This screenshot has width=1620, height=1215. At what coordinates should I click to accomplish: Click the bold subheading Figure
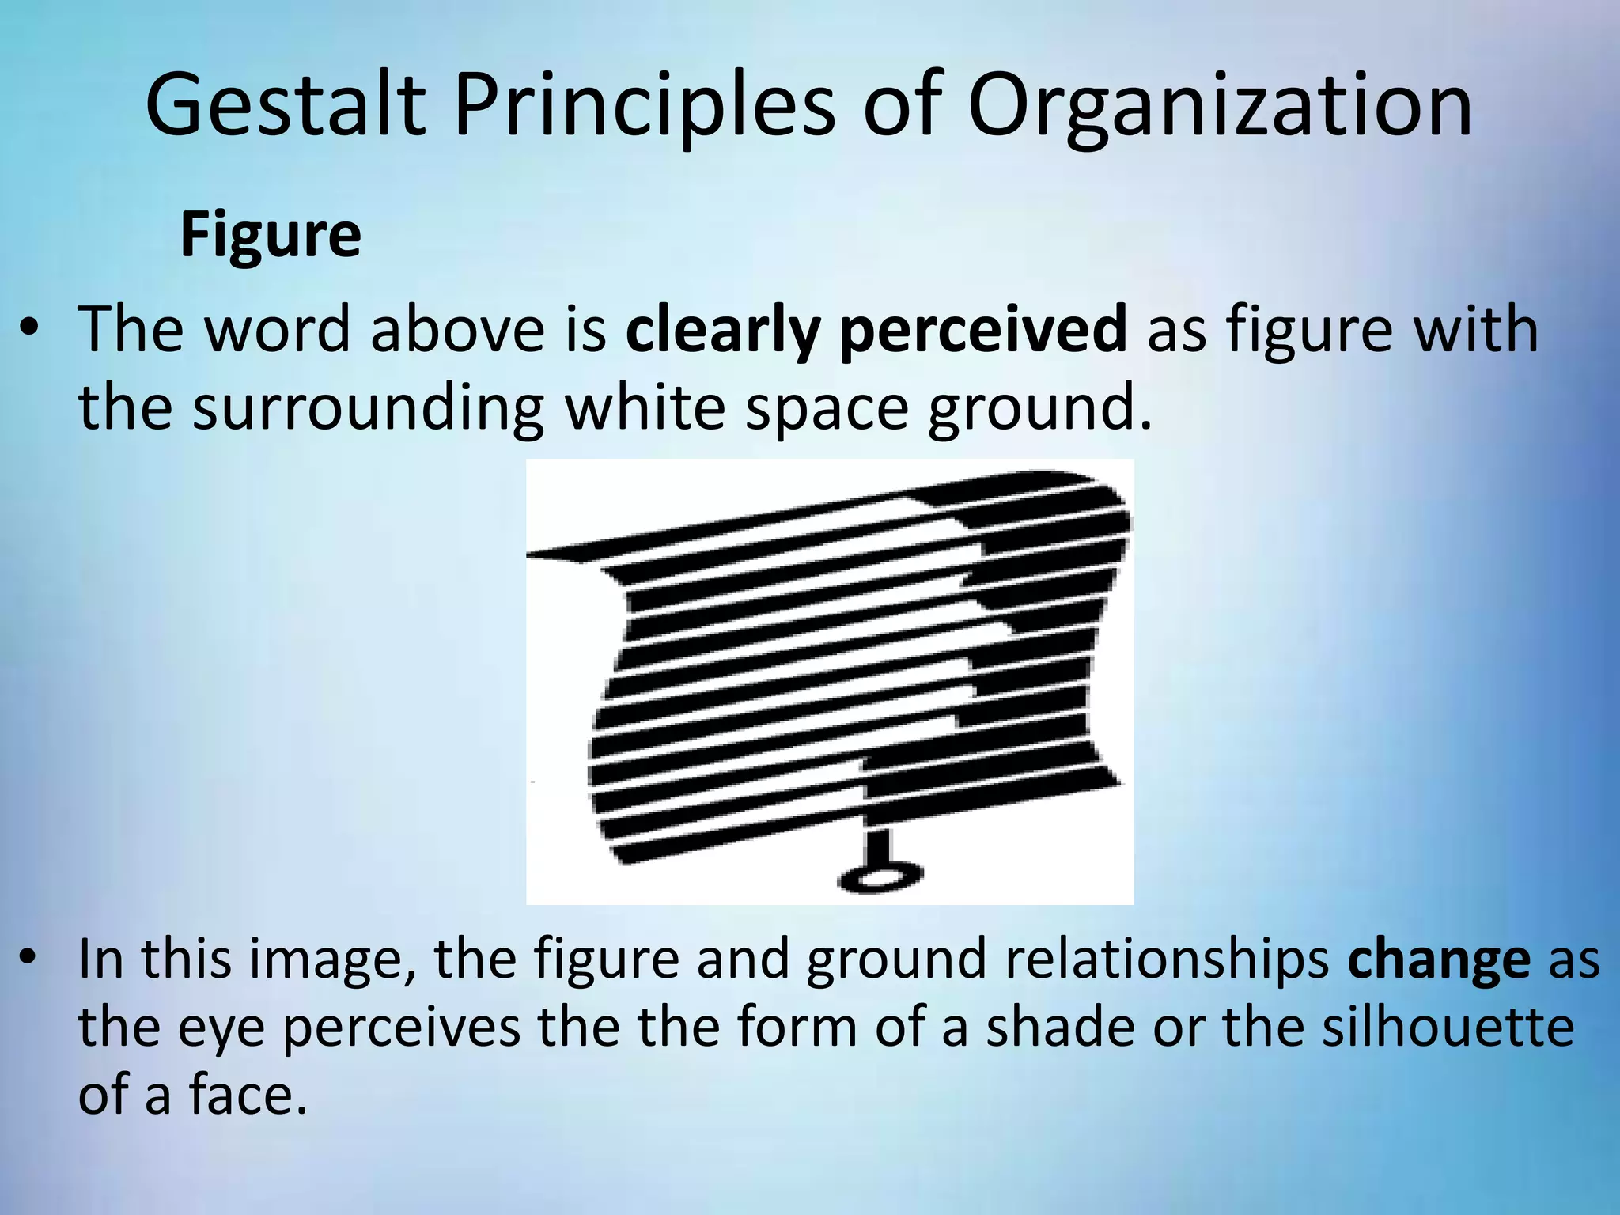pos(271,235)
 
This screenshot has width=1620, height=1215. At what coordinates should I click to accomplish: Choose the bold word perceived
pos(983,329)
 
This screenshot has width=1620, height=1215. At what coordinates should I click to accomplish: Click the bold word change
pos(1439,959)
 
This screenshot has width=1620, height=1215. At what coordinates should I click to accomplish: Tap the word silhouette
pos(1448,1027)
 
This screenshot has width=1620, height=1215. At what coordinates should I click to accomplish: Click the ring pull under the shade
pos(880,877)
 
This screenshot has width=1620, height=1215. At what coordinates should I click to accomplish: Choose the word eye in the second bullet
pos(220,1028)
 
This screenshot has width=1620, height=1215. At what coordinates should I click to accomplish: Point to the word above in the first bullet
pos(457,329)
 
